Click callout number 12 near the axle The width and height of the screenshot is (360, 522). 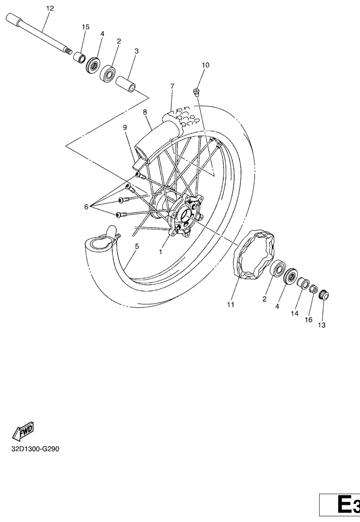click(50, 8)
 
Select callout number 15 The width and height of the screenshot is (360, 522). click(86, 27)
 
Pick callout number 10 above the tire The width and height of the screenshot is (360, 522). click(205, 65)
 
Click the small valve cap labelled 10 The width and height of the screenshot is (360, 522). click(196, 90)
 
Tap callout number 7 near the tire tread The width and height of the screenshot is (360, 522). click(172, 86)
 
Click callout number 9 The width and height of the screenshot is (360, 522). click(125, 127)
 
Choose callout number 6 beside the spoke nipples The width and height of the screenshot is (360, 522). click(86, 207)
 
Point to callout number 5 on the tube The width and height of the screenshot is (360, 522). click(137, 247)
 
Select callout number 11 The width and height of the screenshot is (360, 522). click(230, 305)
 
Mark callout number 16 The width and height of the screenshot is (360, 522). click(308, 320)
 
